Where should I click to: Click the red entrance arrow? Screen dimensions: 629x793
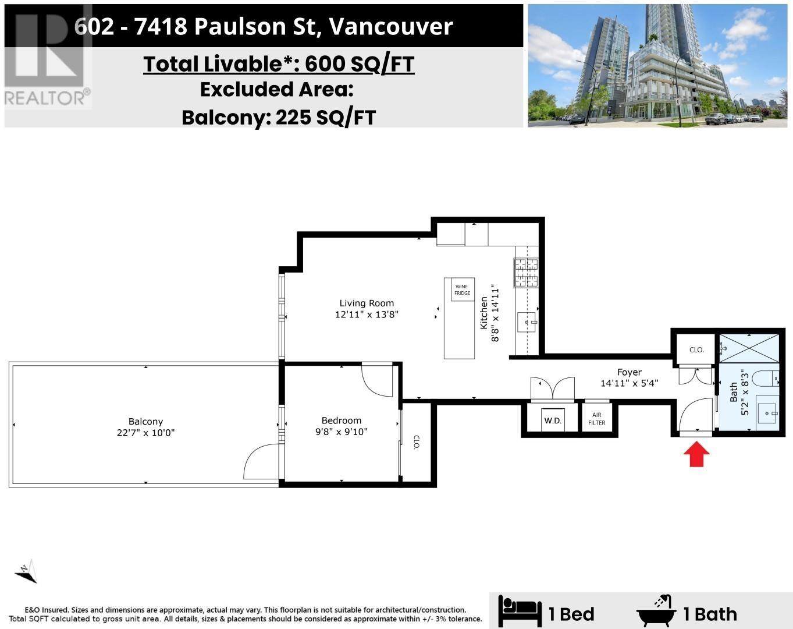click(696, 455)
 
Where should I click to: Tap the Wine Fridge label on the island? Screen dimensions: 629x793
click(462, 289)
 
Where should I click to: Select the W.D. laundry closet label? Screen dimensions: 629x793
click(552, 420)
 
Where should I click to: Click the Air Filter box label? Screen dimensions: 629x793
click(597, 419)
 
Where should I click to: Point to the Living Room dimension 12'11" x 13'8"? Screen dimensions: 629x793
click(367, 314)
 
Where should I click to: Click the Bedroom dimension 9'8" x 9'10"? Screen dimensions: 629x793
click(341, 432)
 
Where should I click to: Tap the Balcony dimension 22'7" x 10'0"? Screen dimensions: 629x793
click(145, 433)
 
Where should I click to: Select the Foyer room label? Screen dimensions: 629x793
click(629, 372)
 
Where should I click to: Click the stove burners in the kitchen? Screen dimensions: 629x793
click(526, 273)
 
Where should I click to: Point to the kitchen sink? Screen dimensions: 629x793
click(527, 321)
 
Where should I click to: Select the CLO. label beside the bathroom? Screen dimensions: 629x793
click(696, 349)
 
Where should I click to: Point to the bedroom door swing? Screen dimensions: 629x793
click(377, 380)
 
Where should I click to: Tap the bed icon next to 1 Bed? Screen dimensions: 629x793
click(520, 612)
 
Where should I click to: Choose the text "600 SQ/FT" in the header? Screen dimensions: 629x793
click(359, 64)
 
